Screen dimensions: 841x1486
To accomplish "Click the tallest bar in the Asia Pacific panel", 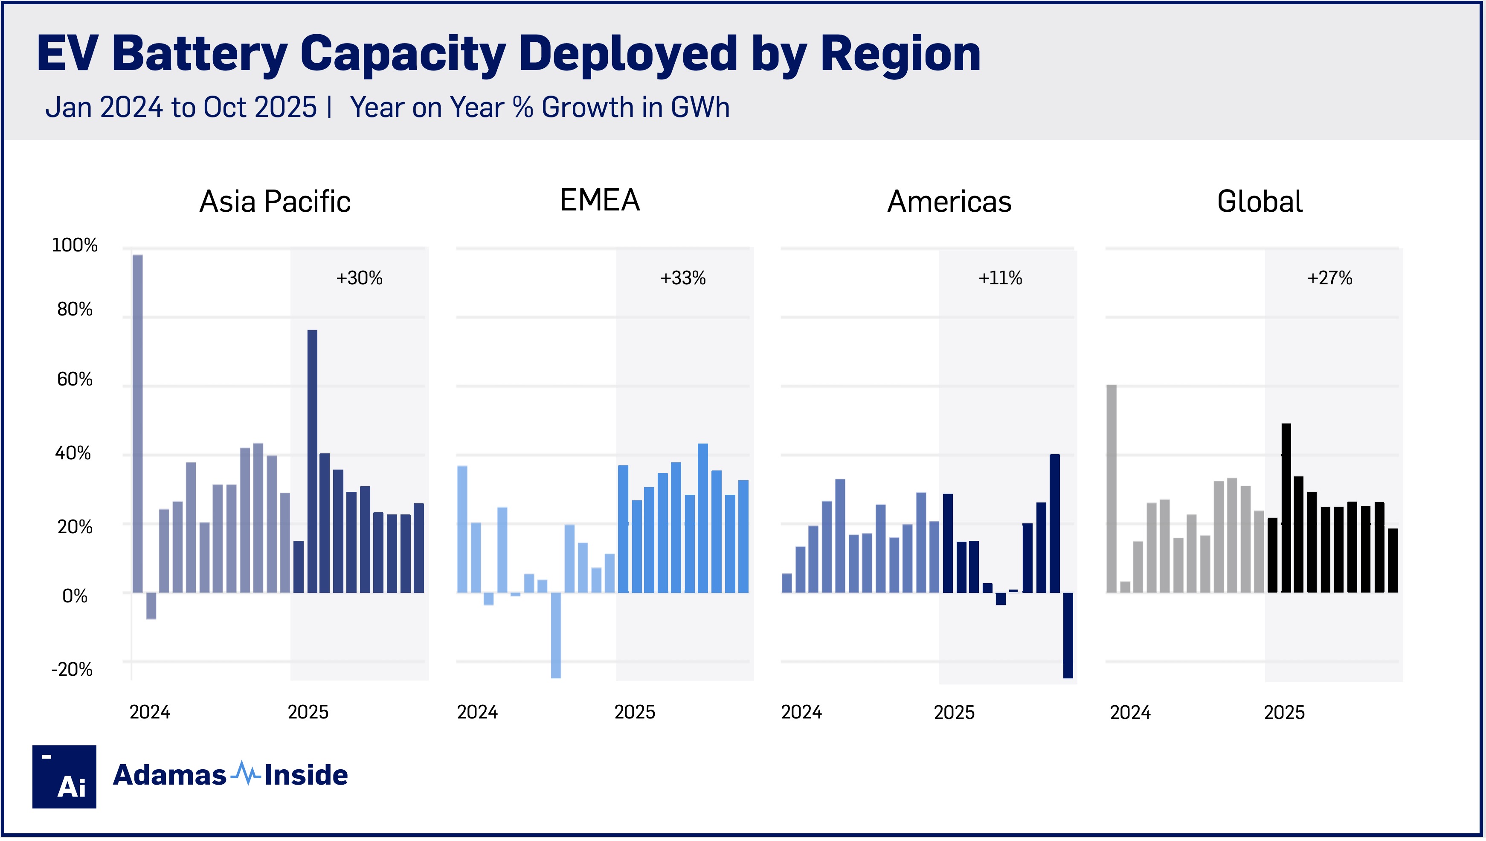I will click(137, 423).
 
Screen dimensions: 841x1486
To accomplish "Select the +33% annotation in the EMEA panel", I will click(683, 278).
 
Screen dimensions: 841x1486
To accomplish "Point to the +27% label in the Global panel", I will click(1329, 278).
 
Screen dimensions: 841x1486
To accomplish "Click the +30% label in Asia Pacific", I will click(359, 278).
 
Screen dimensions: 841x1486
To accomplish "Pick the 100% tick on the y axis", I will click(75, 245).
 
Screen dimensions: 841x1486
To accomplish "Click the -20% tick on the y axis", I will click(72, 669).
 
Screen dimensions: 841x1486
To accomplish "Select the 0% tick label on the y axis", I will click(75, 596).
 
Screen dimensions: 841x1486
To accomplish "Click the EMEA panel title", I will click(600, 200).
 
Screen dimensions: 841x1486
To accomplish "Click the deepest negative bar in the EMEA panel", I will click(556, 635).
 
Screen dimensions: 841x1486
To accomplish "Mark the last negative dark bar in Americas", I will click(1068, 635).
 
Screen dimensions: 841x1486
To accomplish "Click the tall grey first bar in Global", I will click(1111, 489).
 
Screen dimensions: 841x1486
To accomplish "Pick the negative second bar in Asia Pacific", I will click(151, 606).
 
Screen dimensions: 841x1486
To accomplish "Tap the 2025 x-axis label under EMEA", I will click(634, 712).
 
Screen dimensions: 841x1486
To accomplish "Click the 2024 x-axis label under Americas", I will click(801, 712).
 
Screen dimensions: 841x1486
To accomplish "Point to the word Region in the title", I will click(900, 54).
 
